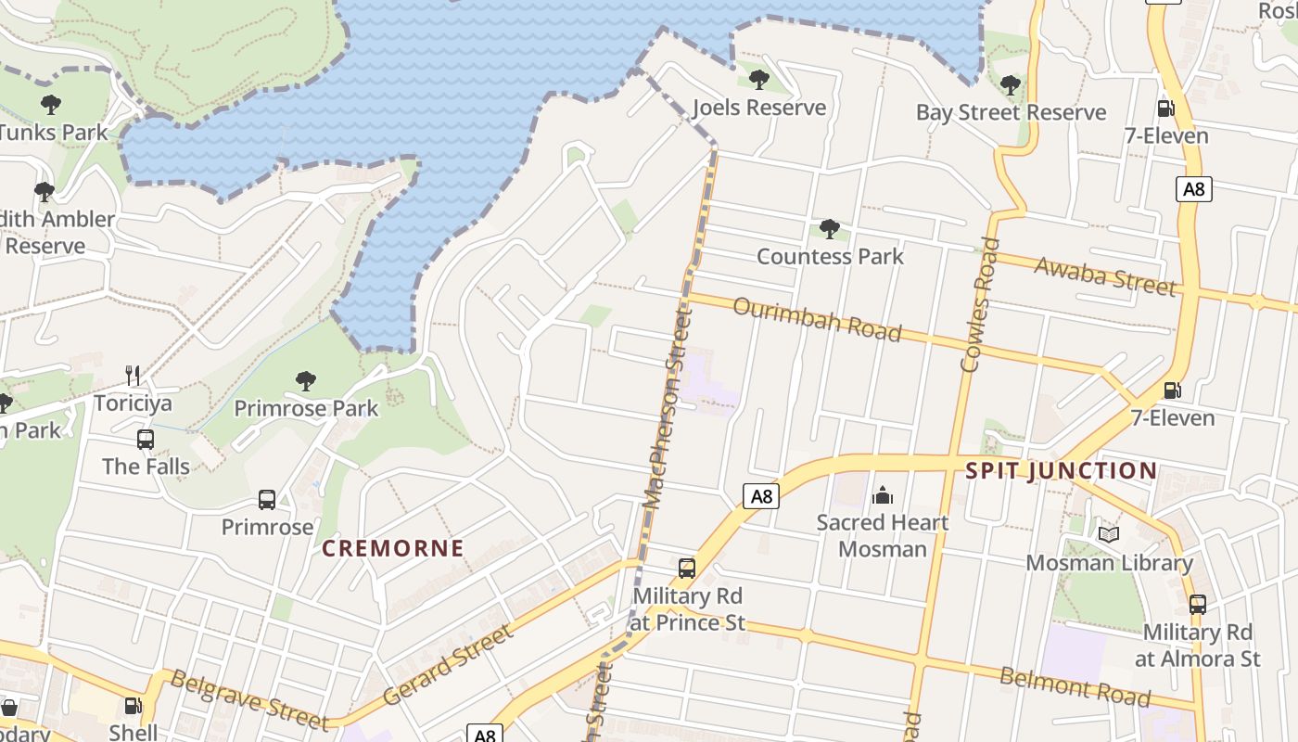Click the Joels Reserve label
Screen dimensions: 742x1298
pyautogui.click(x=759, y=108)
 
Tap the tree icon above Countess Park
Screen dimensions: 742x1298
pyautogui.click(x=830, y=229)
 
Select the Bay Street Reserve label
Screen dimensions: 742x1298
pyautogui.click(x=1011, y=112)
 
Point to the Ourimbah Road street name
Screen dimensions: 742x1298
pyautogui.click(x=817, y=319)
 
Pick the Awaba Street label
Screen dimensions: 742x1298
pyautogui.click(x=1104, y=275)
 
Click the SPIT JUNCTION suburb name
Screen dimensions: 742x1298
pyautogui.click(x=1061, y=470)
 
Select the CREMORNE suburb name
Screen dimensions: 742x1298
pyautogui.click(x=393, y=548)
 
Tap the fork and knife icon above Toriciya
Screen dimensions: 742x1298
pyautogui.click(x=134, y=376)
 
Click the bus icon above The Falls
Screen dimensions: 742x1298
pyautogui.click(x=146, y=439)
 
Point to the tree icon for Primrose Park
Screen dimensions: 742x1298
pyautogui.click(x=305, y=380)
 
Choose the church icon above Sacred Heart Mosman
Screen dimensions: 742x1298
pyautogui.click(x=883, y=494)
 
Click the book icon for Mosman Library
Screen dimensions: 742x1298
pyautogui.click(x=1109, y=534)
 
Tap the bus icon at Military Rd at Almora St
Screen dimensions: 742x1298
pyautogui.click(x=1197, y=605)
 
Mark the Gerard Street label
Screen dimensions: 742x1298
pyautogui.click(x=447, y=665)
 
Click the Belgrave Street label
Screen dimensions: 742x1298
pyautogui.click(x=248, y=700)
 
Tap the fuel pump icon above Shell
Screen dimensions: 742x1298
pyautogui.click(x=134, y=706)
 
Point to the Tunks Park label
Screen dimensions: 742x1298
pyautogui.click(x=54, y=133)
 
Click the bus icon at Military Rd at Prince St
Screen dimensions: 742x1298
pyautogui.click(x=687, y=569)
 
